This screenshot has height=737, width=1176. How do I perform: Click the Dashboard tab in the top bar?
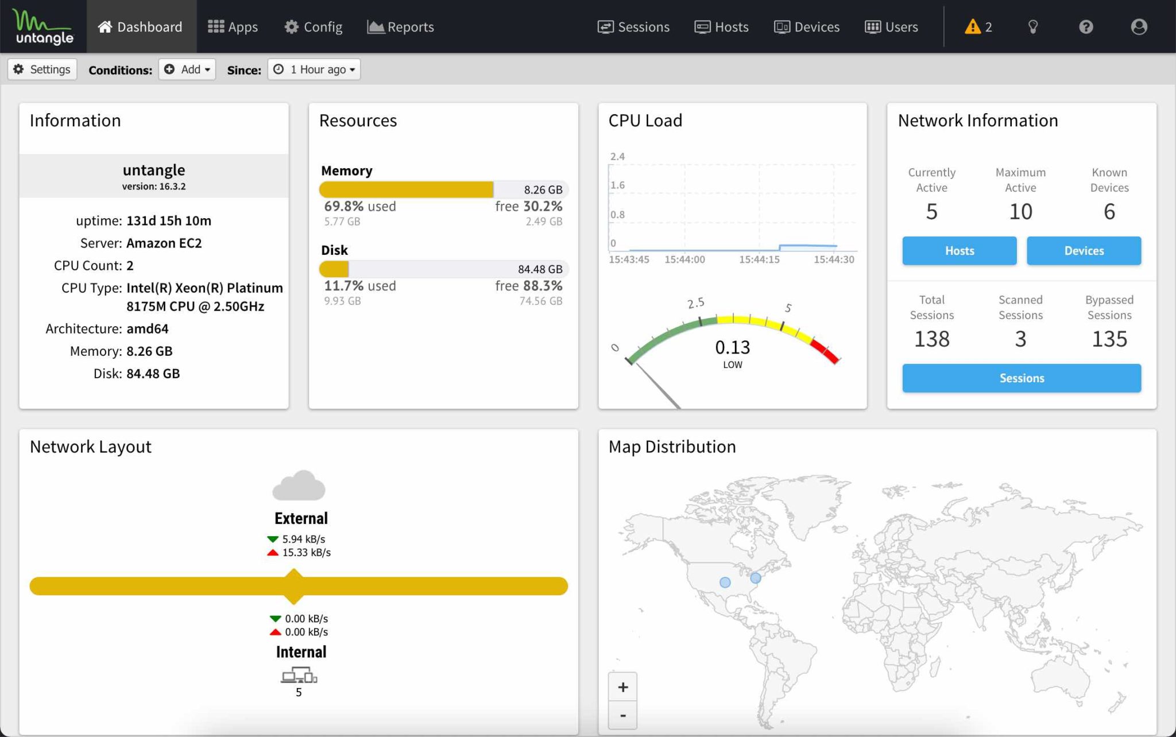point(141,27)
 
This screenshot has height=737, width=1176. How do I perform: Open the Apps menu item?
point(233,27)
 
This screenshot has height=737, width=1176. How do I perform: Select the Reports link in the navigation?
point(400,27)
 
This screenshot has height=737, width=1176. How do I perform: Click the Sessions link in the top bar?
point(633,27)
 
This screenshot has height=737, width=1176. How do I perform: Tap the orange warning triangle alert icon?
point(972,27)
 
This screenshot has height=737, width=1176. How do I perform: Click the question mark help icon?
point(1085,27)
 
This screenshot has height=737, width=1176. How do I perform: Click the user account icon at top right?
point(1139,27)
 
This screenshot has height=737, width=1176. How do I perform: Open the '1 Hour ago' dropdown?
point(314,69)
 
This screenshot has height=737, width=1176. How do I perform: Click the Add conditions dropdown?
point(187,69)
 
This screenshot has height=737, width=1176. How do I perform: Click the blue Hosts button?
point(959,251)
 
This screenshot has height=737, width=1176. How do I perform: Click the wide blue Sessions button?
point(1021,378)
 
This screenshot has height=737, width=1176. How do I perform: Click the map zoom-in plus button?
point(622,687)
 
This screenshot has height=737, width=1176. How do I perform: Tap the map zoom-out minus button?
point(622,716)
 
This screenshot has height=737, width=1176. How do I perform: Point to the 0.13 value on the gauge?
point(732,347)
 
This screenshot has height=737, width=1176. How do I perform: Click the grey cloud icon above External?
point(299,486)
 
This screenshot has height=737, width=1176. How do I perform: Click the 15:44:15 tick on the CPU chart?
point(759,259)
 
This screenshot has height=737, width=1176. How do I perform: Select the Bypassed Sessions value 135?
point(1109,339)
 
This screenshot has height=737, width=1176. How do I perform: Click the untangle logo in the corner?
point(44,27)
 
